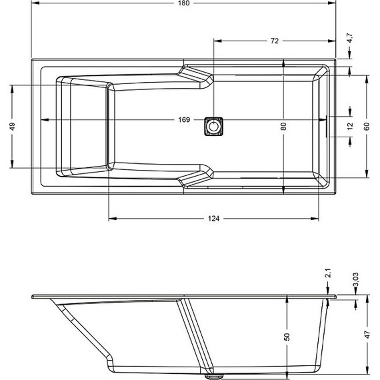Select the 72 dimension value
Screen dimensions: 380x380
[274, 41]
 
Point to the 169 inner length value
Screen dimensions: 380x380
[185, 120]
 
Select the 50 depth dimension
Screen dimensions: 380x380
[287, 337]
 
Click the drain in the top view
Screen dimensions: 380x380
[213, 125]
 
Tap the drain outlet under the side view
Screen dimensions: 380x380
[213, 375]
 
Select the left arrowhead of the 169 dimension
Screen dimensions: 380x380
[45, 120]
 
